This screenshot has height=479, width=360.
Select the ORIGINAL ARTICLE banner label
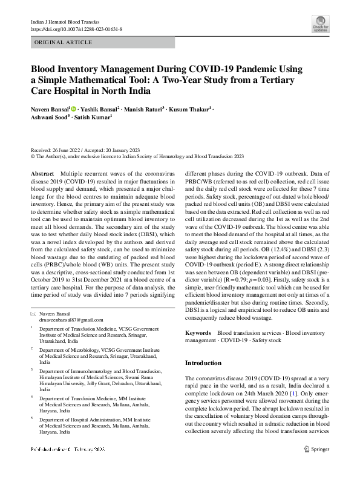pyautogui.click(x=64, y=42)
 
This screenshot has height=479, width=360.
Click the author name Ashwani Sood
pyautogui.click(x=50, y=118)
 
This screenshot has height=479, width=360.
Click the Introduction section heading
pyautogui.click(x=203, y=363)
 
